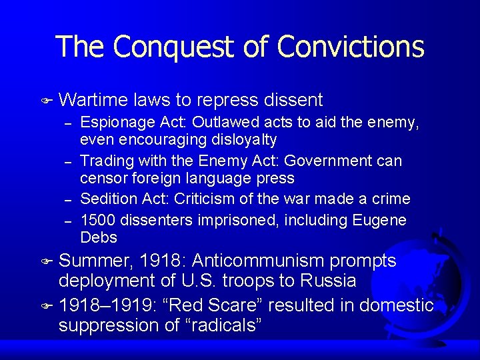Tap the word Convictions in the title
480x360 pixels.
pos(351,47)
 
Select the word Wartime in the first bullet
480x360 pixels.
pos(93,100)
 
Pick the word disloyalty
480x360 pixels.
pos(241,139)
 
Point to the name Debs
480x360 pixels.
pos(98,237)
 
